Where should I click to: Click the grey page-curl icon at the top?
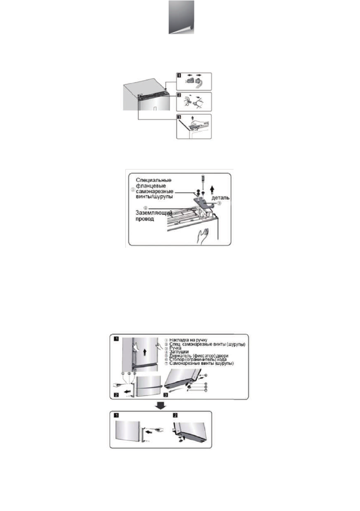[x=181, y=17]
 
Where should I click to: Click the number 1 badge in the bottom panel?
[x=115, y=416]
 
